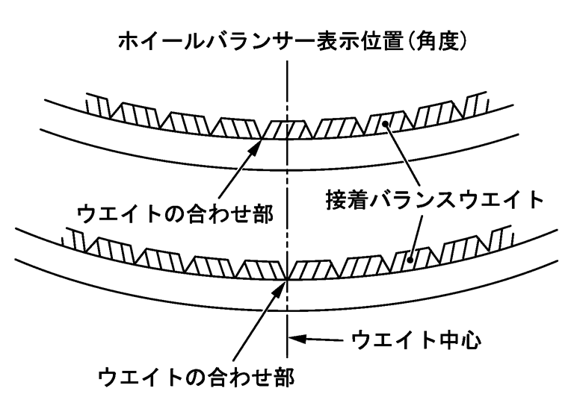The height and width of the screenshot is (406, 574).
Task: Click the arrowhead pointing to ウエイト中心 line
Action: pos(300,342)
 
